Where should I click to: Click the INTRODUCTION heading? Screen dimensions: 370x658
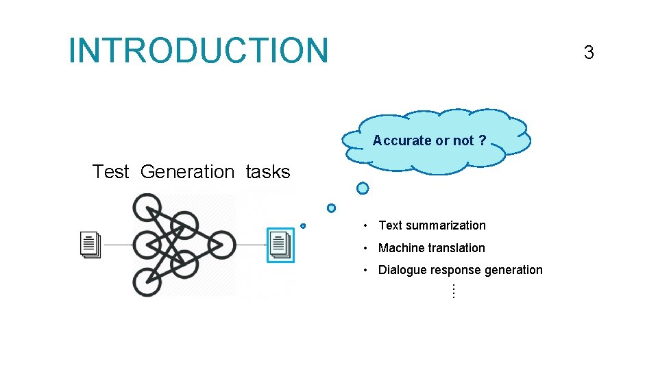click(199, 51)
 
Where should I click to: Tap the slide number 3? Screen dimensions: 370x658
click(588, 52)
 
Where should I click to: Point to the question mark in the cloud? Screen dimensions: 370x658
click(483, 140)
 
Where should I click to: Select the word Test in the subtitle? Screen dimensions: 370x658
click(110, 171)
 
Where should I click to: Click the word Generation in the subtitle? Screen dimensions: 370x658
click(187, 171)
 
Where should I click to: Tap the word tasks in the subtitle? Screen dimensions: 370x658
click(267, 171)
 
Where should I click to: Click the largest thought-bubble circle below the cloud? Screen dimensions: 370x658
click(363, 188)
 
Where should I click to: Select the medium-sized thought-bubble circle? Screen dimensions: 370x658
click(331, 208)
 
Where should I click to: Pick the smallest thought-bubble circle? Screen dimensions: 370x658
click(303, 225)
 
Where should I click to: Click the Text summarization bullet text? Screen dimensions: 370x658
click(432, 225)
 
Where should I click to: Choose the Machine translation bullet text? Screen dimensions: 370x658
click(431, 248)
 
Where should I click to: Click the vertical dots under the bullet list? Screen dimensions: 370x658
click(453, 291)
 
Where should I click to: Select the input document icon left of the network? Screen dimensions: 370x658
click(90, 244)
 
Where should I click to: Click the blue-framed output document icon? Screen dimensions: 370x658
click(280, 245)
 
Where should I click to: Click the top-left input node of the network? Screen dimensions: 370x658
click(147, 207)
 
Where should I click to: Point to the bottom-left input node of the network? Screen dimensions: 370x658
click(147, 282)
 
